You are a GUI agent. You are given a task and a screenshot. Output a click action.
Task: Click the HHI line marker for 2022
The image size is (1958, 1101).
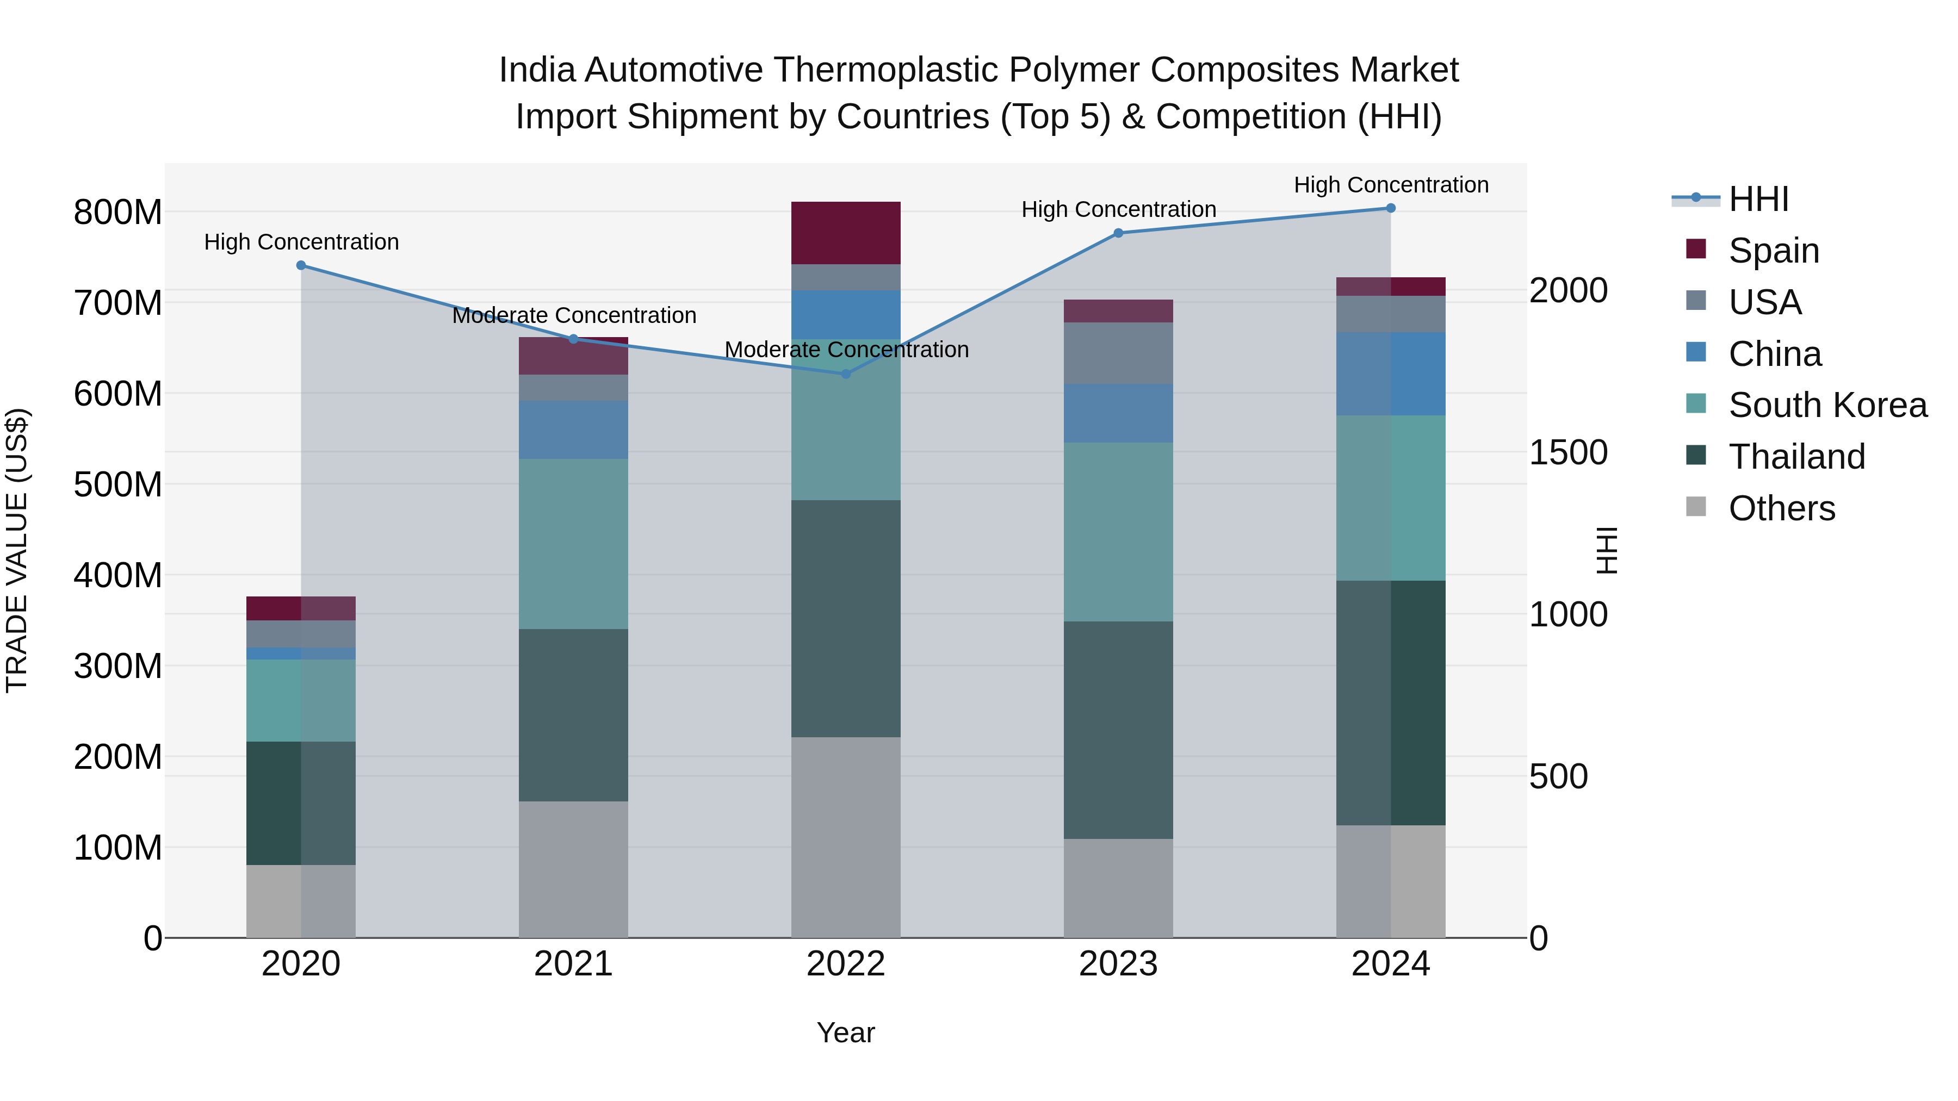(846, 374)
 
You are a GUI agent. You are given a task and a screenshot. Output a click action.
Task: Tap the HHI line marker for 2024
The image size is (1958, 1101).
(1390, 208)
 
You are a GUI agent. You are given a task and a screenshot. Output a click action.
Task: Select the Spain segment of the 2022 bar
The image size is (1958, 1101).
(846, 233)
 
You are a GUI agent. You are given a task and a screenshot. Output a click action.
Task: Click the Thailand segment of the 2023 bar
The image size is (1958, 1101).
(1118, 730)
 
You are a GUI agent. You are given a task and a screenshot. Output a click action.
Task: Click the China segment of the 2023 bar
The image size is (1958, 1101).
(1118, 413)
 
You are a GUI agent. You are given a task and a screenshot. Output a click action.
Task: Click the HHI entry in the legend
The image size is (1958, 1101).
(1758, 199)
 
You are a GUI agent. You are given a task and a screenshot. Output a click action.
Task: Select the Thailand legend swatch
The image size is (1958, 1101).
(1696, 455)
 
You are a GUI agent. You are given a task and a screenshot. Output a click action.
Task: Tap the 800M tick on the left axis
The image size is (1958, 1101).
(118, 212)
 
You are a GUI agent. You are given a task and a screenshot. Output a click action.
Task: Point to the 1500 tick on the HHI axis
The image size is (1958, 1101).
(1568, 452)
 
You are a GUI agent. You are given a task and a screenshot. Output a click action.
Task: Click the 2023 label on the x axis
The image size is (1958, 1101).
(1118, 964)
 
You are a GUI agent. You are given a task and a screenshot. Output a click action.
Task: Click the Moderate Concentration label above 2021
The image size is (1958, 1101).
(574, 315)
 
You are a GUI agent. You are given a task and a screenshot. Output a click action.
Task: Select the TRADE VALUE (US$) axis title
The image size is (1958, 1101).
(17, 550)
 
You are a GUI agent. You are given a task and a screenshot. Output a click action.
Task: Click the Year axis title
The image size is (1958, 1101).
(845, 1032)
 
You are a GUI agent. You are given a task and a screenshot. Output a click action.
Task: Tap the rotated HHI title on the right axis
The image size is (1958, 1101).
(1606, 550)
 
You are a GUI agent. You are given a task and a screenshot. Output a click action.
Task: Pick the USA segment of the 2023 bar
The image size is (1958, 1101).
(1118, 353)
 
